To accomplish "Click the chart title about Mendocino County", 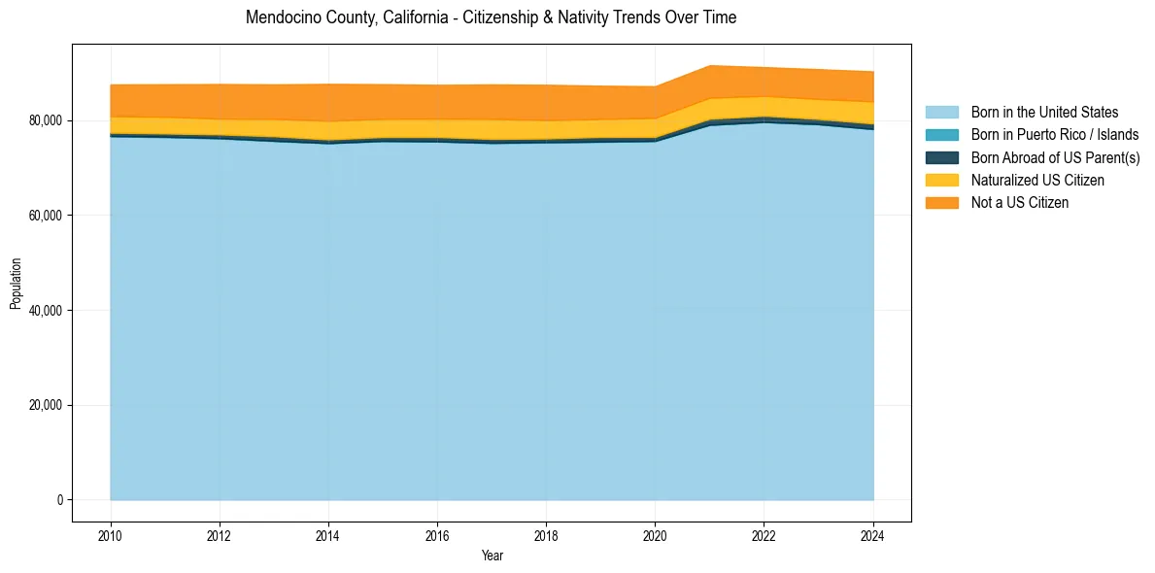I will pyautogui.click(x=491, y=17).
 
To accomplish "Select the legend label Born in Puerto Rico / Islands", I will pyautogui.click(x=1054, y=135).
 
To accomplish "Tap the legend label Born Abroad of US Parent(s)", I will pyautogui.click(x=1055, y=157).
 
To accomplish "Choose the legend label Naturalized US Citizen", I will pyautogui.click(x=1037, y=180).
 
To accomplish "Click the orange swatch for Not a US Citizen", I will pyautogui.click(x=941, y=202).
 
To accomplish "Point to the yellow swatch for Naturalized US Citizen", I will pyautogui.click(x=941, y=180).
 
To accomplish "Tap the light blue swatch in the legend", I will pyautogui.click(x=941, y=113).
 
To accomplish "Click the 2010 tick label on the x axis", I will pyautogui.click(x=111, y=536).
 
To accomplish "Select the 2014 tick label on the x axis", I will pyautogui.click(x=328, y=536).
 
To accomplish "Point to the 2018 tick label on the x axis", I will pyautogui.click(x=546, y=536).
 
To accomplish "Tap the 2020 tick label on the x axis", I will pyautogui.click(x=656, y=536).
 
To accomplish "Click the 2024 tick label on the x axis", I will pyautogui.click(x=873, y=536).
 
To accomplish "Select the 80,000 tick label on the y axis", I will pyautogui.click(x=45, y=120).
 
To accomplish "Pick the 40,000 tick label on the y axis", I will pyautogui.click(x=45, y=311).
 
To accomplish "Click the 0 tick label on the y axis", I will pyautogui.click(x=59, y=500).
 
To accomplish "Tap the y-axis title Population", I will pyautogui.click(x=16, y=284).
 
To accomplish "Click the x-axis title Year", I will pyautogui.click(x=492, y=556).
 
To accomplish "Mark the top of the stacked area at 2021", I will pyautogui.click(x=710, y=65).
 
